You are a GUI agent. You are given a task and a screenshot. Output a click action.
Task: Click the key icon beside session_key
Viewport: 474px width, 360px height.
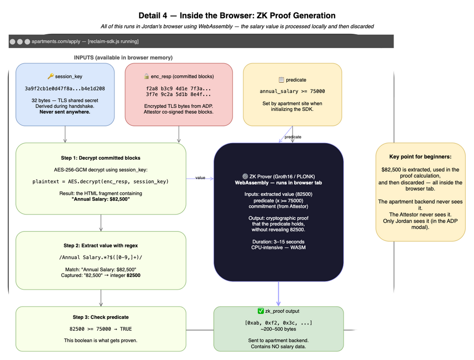(51, 76)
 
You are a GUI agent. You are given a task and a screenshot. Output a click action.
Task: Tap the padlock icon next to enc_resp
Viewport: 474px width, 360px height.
(147, 76)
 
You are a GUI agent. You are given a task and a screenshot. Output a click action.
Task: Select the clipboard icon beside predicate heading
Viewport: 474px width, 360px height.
(281, 80)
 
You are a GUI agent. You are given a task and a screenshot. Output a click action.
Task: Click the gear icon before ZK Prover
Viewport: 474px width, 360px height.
(245, 176)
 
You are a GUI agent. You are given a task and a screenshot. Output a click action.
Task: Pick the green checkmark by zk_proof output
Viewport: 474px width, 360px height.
(261, 311)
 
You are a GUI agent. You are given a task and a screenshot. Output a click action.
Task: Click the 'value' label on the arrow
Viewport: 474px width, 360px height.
(200, 178)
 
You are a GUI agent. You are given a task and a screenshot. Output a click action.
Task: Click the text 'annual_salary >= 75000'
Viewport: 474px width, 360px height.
(292, 91)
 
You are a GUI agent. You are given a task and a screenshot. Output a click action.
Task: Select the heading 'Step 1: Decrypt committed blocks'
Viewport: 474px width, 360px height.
(101, 157)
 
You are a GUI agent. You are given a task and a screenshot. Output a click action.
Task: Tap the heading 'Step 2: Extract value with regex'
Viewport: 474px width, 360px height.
(101, 246)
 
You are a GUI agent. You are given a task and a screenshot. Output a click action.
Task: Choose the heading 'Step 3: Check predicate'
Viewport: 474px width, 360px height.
(101, 317)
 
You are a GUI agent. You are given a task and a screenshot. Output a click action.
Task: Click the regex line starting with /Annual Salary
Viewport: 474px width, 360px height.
(101, 257)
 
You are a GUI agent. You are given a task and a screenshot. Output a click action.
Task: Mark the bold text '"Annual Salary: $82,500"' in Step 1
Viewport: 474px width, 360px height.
(101, 199)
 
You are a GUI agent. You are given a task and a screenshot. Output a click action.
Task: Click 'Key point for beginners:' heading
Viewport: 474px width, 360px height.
(420, 157)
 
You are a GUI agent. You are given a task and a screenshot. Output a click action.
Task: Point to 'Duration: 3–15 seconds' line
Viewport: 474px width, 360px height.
(278, 242)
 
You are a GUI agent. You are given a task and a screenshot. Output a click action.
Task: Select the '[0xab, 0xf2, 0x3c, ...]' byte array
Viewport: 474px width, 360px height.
(278, 322)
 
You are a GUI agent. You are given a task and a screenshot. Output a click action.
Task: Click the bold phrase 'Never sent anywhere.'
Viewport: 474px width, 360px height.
(65, 112)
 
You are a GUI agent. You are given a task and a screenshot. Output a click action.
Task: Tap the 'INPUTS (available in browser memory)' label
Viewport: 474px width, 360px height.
(123, 58)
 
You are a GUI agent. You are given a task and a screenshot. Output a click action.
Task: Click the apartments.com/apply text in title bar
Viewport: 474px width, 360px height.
(56, 41)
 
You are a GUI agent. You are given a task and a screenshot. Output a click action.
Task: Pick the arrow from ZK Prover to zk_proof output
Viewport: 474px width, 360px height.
(278, 294)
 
